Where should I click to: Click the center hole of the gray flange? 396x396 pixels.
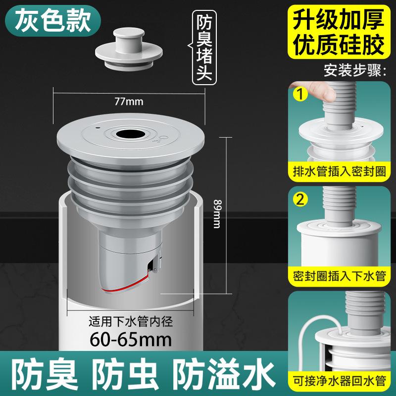tap(130, 134)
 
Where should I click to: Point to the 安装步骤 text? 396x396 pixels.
tap(354, 70)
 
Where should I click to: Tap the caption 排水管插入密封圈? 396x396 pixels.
tap(339, 172)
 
